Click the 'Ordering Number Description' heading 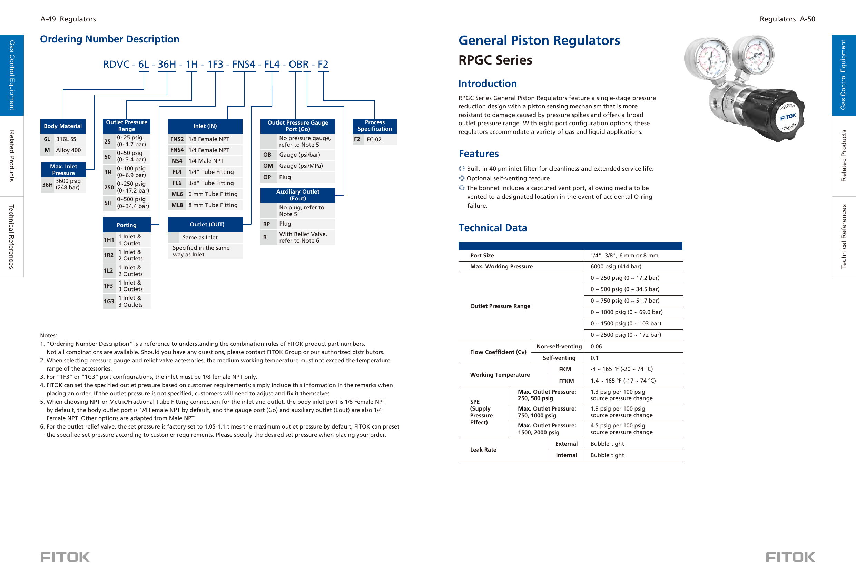coord(109,39)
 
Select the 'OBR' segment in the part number coord(298,64)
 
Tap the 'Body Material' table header coord(62,126)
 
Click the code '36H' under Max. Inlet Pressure coord(47,185)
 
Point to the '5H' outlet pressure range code coord(108,203)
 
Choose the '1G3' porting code coord(109,302)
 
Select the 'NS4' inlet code coord(177,161)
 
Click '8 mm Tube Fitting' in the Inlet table coord(213,205)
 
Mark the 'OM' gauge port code coord(268,166)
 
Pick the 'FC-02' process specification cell coord(374,139)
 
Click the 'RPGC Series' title coord(495,60)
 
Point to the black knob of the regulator coord(776,115)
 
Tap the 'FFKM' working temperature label coord(566,381)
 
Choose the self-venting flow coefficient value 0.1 coord(594,358)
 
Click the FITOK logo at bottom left coord(65,557)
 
